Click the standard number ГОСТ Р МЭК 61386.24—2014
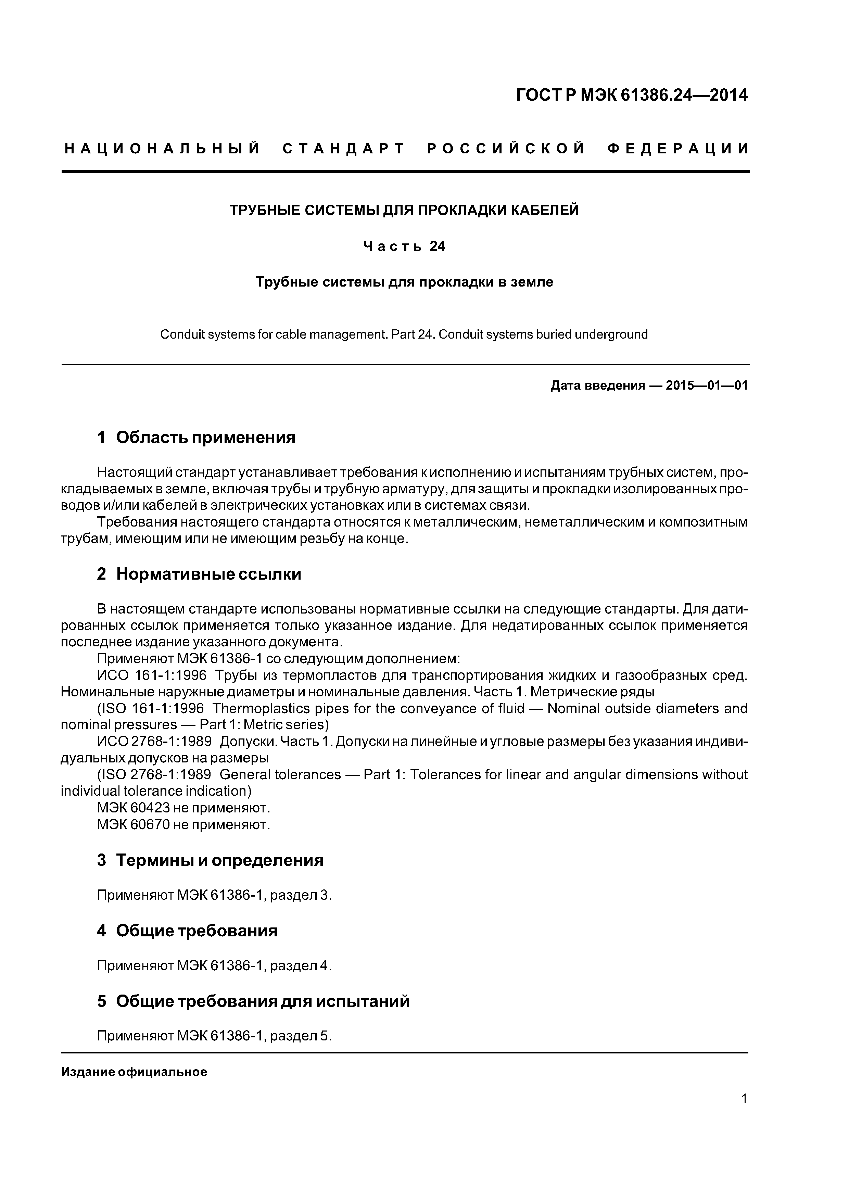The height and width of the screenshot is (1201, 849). pos(631,95)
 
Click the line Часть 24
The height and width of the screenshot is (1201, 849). pos(404,246)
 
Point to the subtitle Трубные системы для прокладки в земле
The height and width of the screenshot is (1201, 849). pos(404,282)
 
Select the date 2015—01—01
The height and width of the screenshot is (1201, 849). pos(707,386)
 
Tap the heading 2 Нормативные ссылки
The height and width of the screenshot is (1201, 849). pos(199,574)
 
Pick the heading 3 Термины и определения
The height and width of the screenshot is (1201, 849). pos(210,860)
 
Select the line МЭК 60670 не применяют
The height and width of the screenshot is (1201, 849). pos(183,825)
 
